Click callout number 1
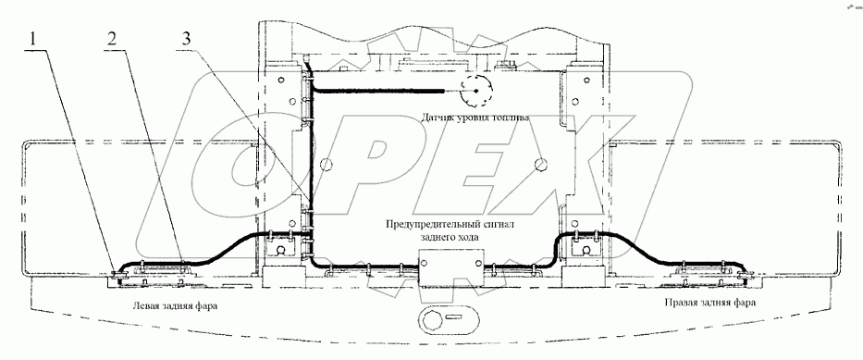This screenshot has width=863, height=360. coord(34,39)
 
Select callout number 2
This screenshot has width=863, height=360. coord(112,39)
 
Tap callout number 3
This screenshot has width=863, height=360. coord(188,39)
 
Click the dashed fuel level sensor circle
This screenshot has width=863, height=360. coord(475,91)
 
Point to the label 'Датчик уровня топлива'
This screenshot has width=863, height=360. coord(475,118)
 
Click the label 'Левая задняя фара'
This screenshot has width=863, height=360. coord(175,305)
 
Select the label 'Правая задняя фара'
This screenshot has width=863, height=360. coord(710,303)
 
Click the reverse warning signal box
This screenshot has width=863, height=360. coord(451,267)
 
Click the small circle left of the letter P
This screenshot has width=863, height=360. coord(326,164)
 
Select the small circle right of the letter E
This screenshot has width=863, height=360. coord(542,164)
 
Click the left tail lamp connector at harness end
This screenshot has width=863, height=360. coord(117,274)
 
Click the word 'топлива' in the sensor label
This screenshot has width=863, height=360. coord(511,118)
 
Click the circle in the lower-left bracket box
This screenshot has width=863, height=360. coord(280,250)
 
